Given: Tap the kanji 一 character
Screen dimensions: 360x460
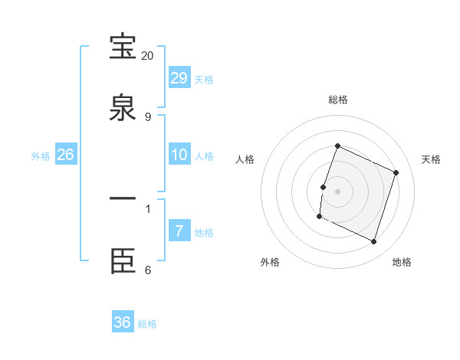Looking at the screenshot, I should [x=123, y=198].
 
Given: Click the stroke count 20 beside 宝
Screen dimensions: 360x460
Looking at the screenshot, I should [x=147, y=56].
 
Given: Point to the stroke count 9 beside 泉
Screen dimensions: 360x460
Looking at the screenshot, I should [x=147, y=116].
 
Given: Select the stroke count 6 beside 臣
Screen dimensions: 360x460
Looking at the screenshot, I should [x=147, y=270].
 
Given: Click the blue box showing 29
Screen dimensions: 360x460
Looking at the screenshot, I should [x=179, y=78].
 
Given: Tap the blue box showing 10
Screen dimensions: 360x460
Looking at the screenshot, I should [x=179, y=155].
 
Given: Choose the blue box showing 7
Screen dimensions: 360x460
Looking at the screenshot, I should [x=179, y=231].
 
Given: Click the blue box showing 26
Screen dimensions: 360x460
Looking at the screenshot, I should [x=65, y=155].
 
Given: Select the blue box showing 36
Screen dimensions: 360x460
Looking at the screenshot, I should [x=123, y=322].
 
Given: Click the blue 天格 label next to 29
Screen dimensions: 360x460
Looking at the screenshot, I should [x=204, y=80].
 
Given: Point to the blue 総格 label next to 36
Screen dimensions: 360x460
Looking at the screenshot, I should [x=147, y=324].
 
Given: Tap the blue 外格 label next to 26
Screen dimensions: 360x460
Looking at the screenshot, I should [x=41, y=156].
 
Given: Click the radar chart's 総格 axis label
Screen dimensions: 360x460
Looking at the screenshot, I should [x=337, y=100].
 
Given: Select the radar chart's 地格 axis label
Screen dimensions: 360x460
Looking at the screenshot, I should [x=402, y=262].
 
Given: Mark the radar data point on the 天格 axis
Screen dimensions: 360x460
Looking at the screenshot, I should [x=396, y=172].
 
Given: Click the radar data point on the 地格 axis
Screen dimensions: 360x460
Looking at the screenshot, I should [x=374, y=242].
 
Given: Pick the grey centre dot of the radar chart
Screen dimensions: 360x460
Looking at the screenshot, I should [x=337, y=191].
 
